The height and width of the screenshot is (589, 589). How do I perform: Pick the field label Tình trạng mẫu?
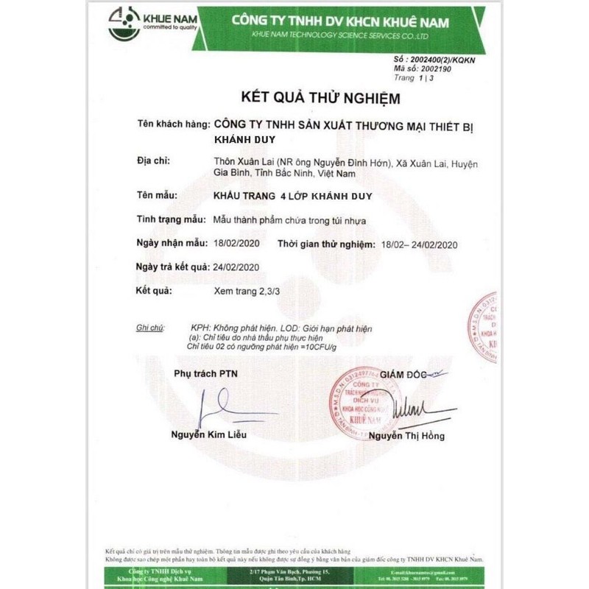point(171,219)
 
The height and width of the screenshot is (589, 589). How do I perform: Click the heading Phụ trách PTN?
point(205,373)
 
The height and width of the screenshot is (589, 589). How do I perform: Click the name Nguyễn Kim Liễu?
point(210,434)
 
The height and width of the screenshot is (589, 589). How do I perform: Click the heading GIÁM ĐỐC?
point(403,374)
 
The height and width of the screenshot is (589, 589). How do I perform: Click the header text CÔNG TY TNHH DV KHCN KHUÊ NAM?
point(340,21)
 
